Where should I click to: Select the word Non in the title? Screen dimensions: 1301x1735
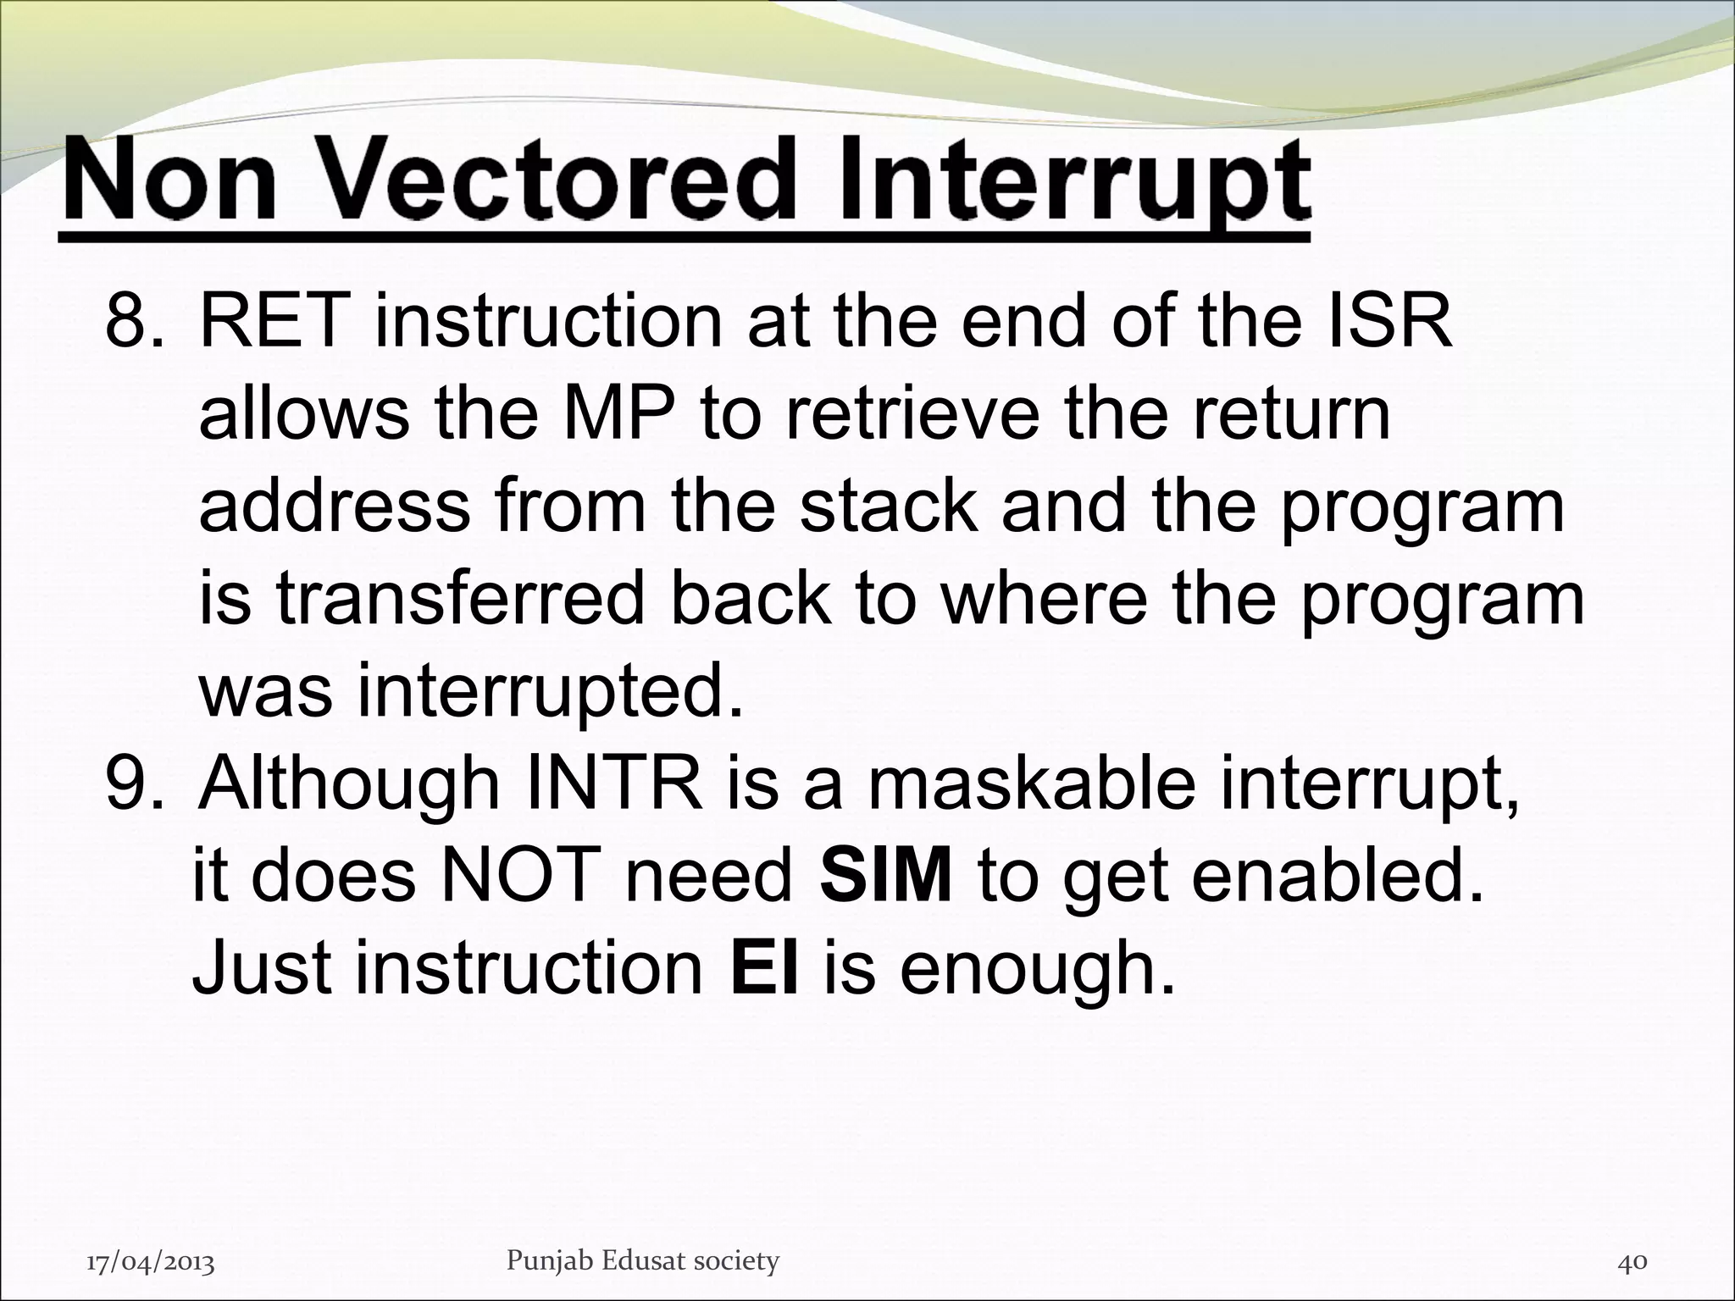(x=170, y=180)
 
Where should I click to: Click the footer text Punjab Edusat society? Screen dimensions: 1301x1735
(x=642, y=1237)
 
